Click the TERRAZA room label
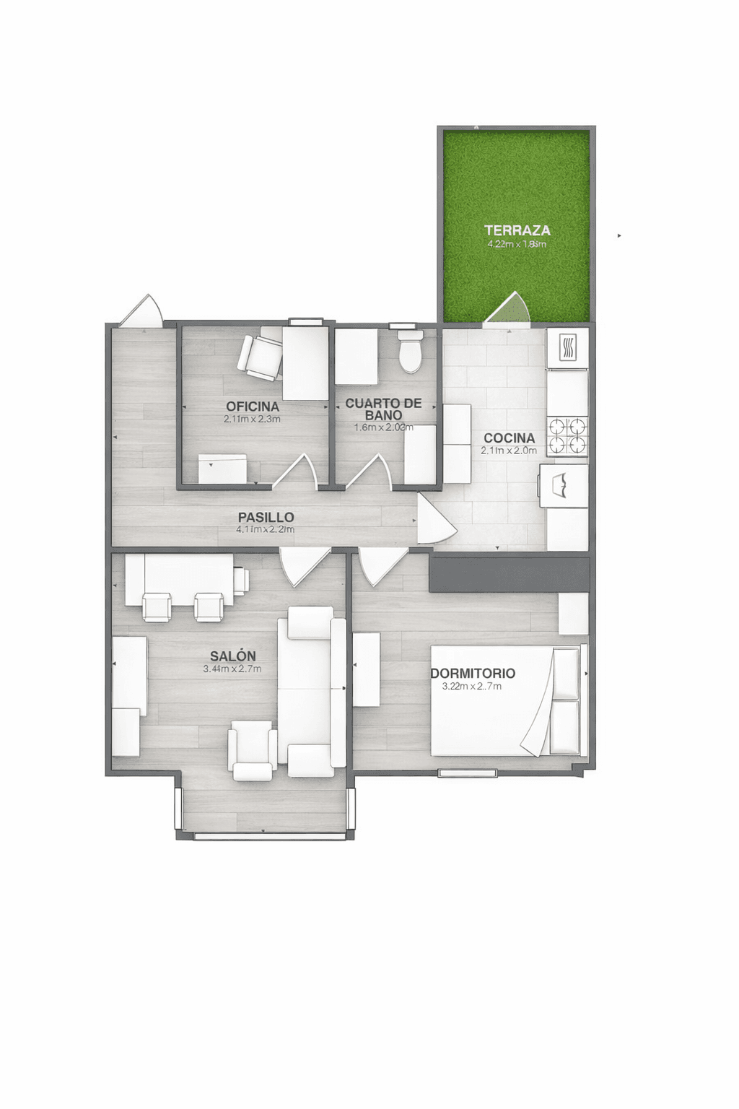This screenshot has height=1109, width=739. coord(517,230)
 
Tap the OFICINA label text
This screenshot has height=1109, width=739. coord(252,406)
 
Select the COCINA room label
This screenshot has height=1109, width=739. coord(509,438)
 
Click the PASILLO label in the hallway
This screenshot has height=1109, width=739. coord(266,517)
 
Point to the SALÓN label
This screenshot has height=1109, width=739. coord(232,656)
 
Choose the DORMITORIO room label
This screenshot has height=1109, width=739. coord(473,673)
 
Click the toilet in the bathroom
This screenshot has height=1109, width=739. coord(411,352)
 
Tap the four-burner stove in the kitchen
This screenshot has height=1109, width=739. coord(567,436)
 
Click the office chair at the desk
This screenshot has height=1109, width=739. coord(260,357)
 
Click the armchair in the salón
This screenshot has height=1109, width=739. coord(252,753)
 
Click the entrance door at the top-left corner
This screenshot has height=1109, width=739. coord(141,312)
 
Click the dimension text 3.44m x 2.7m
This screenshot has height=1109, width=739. coord(232,669)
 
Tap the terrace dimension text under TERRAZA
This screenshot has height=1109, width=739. coord(517,244)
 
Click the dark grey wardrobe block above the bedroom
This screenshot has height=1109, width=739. coord(509,572)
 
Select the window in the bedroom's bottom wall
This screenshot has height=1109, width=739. coord(468,773)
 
